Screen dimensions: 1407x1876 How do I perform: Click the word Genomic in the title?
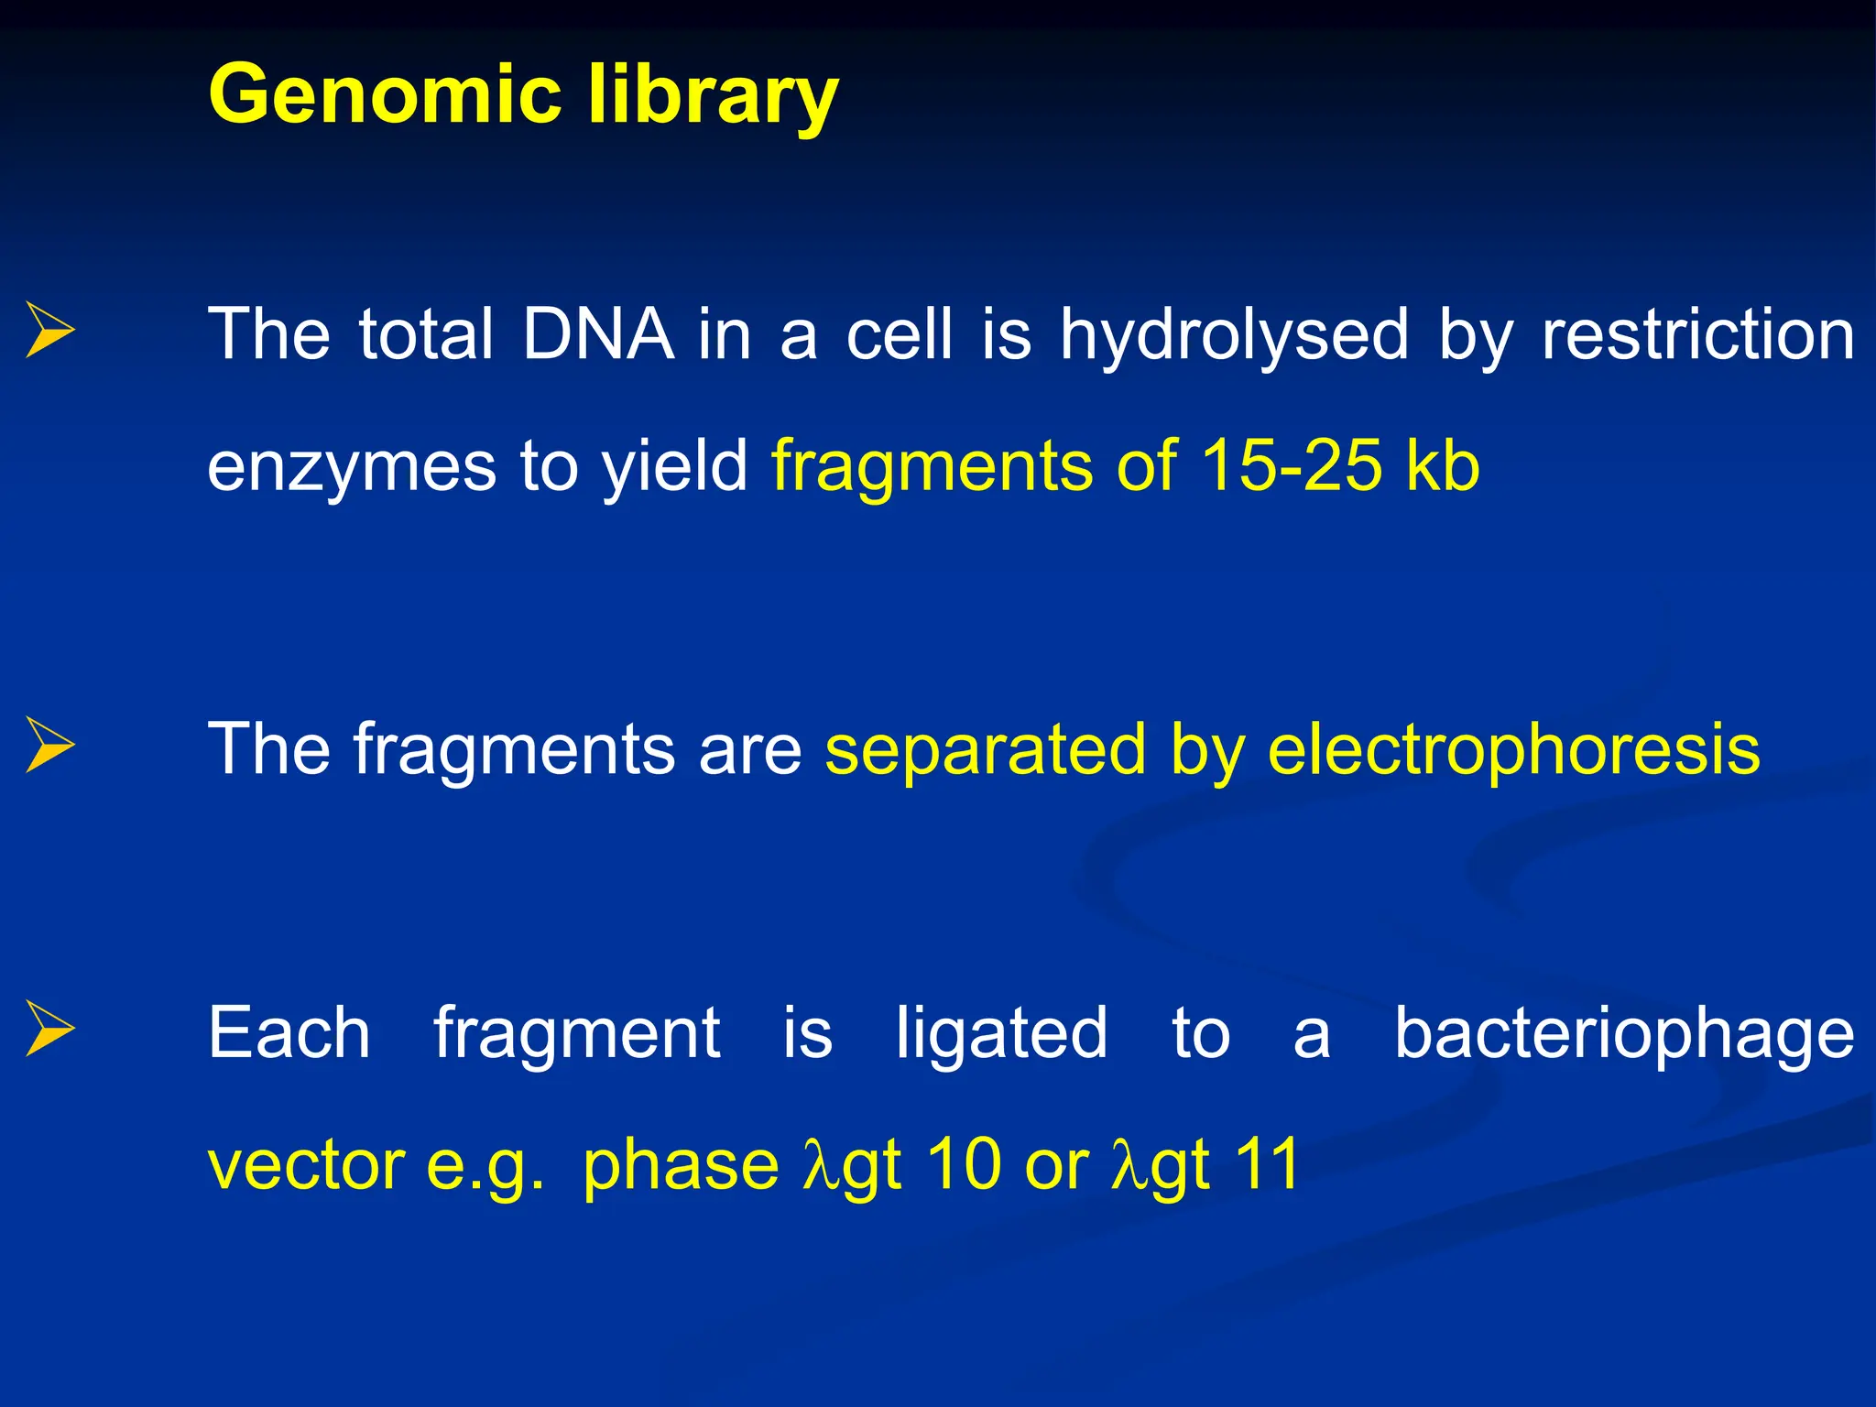(x=386, y=94)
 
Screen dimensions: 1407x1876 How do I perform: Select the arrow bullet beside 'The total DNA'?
(x=49, y=330)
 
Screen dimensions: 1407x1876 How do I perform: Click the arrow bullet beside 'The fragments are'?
(x=49, y=745)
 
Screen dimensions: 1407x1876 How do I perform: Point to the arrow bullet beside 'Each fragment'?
(x=49, y=1029)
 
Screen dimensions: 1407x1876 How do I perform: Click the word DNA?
(x=597, y=334)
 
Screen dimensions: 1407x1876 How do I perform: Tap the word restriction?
(x=1697, y=334)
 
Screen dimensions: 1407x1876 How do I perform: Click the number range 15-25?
(x=1291, y=465)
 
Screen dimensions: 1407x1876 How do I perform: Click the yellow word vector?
(x=306, y=1165)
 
